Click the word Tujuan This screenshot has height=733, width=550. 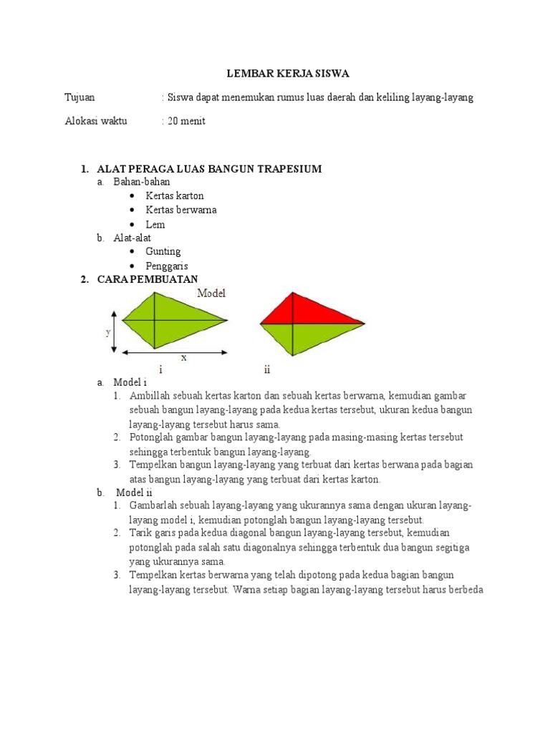(x=79, y=97)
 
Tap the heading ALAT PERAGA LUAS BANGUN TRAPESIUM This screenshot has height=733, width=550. (x=210, y=169)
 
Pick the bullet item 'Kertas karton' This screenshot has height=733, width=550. (x=175, y=195)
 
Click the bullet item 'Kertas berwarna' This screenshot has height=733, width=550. (x=181, y=210)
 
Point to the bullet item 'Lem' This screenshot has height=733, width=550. (x=155, y=224)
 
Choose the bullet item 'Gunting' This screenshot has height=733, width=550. (x=163, y=251)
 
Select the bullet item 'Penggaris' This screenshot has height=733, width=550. (x=167, y=266)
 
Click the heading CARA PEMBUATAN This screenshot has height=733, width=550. (x=148, y=279)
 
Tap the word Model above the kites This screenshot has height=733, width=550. (x=211, y=293)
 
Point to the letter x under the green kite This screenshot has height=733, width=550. (x=183, y=358)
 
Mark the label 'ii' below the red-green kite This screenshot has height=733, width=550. (x=266, y=370)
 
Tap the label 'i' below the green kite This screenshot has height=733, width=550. (x=161, y=370)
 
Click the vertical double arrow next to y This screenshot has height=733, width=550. (x=115, y=331)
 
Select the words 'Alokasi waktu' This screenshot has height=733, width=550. (x=96, y=121)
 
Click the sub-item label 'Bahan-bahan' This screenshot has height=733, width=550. (x=142, y=183)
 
